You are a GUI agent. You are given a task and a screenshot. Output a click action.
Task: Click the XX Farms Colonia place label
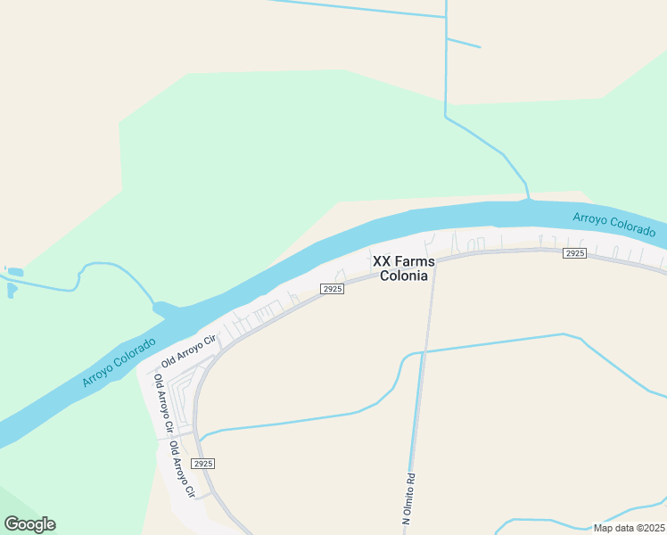(403, 268)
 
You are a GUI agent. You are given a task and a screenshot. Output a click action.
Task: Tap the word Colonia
(403, 276)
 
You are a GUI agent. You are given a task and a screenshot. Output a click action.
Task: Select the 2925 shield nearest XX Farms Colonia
(332, 290)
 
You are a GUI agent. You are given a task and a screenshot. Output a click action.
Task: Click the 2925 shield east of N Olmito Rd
(574, 254)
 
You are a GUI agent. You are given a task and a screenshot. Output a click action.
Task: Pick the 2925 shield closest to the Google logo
(203, 464)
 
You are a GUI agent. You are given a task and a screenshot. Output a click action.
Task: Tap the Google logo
(29, 524)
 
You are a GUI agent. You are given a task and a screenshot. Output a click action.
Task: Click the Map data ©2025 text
(629, 528)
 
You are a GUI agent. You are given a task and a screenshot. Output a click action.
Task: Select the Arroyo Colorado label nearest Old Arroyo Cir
(118, 363)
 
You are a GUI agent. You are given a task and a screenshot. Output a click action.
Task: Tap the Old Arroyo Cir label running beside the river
(189, 351)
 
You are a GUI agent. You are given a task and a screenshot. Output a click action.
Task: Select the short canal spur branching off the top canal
(463, 43)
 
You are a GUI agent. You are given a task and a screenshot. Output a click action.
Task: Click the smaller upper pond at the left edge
(14, 271)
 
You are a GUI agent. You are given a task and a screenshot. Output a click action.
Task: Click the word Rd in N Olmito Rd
(411, 478)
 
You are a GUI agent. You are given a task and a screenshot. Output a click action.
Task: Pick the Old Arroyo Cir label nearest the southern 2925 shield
(181, 469)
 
